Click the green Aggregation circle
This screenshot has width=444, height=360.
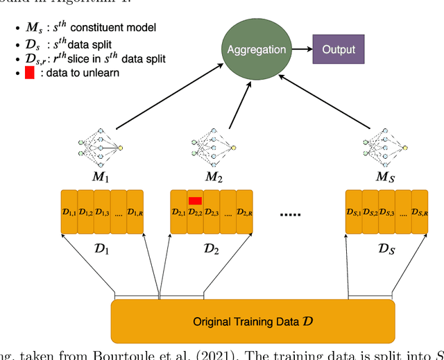pyautogui.click(x=257, y=50)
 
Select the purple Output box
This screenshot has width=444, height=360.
pyautogui.click(x=338, y=49)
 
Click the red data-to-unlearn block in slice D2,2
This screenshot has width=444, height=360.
pyautogui.click(x=195, y=201)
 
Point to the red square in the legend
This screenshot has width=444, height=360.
pyautogui.click(x=29, y=71)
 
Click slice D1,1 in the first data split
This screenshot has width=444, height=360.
pyautogui.click(x=69, y=212)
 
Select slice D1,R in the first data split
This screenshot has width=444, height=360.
pyautogui.click(x=135, y=212)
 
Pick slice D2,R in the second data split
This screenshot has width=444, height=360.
pyautogui.click(x=244, y=212)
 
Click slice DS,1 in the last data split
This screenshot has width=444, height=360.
pyautogui.click(x=354, y=212)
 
